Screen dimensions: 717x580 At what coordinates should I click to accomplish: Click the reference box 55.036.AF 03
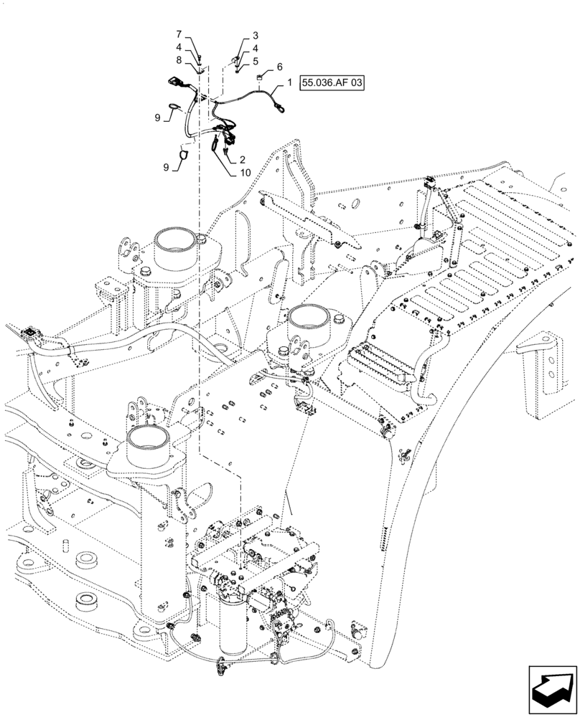334,83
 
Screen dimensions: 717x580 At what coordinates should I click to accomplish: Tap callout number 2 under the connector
255,35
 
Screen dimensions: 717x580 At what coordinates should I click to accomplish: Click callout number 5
255,61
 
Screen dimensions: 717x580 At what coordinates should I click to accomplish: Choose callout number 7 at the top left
179,35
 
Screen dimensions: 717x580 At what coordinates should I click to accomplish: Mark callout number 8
179,61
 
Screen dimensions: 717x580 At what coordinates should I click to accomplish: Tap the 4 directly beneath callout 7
179,48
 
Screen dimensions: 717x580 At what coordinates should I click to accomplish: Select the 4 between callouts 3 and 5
255,48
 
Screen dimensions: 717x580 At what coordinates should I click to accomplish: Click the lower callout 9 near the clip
167,167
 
